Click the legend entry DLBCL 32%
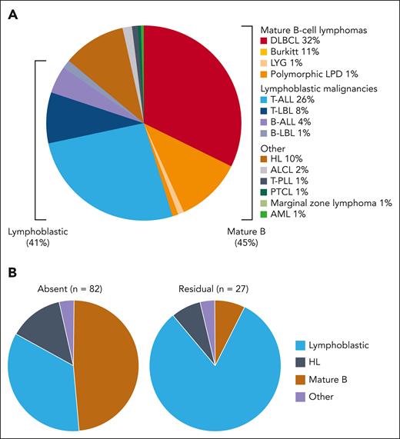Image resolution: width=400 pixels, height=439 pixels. pos(298,40)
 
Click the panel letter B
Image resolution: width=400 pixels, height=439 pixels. pos(12,272)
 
